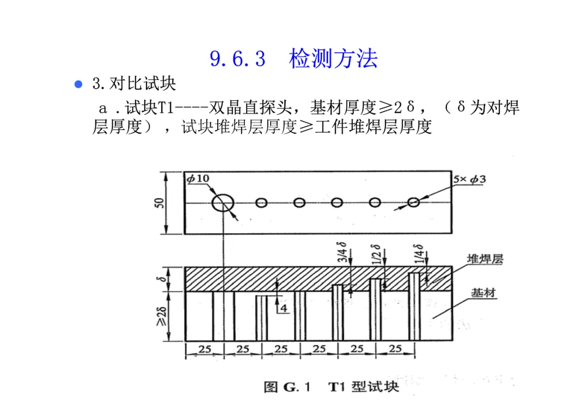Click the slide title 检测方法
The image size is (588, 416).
(x=333, y=59)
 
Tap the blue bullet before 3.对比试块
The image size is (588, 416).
(x=78, y=84)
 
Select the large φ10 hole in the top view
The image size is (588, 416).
(x=223, y=203)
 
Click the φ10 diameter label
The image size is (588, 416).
(x=197, y=178)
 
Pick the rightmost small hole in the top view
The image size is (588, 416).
(x=413, y=203)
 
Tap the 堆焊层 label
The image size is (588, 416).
(x=485, y=259)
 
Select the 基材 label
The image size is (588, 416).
(x=483, y=293)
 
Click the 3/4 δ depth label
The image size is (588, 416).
(x=342, y=252)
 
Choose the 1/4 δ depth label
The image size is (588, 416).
(x=418, y=252)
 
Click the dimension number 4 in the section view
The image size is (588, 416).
(x=283, y=308)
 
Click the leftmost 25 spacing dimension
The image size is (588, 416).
(x=205, y=349)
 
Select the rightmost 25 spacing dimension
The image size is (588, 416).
(x=395, y=349)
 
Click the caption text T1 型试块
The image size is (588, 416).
(x=363, y=387)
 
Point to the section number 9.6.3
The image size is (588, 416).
(x=237, y=59)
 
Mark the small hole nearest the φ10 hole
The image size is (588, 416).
(x=262, y=203)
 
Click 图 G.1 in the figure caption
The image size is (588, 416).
(x=287, y=387)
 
